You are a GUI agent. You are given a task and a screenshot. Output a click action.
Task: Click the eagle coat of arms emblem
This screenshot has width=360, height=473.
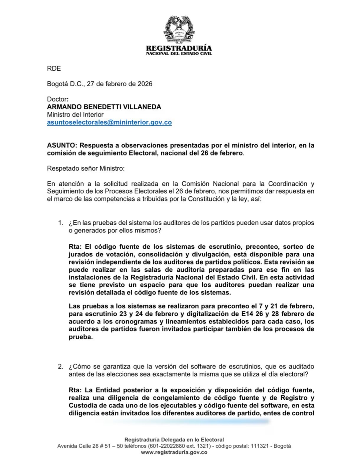pos(179,29)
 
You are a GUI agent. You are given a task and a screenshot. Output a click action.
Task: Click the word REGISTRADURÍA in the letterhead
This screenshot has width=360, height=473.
pos(179,48)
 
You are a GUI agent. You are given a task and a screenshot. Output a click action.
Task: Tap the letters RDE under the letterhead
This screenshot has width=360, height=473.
pos(54,69)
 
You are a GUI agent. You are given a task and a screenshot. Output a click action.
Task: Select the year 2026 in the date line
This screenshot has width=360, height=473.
pos(145,84)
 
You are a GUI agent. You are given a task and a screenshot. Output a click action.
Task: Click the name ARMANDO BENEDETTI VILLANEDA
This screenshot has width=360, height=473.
pos(104,107)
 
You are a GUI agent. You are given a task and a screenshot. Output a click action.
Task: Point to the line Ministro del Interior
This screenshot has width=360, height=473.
pos(75,115)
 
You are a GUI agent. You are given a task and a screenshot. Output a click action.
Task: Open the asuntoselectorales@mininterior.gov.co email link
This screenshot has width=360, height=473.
pos(109,122)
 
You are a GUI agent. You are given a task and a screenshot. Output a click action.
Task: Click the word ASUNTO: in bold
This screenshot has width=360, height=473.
pos(62,145)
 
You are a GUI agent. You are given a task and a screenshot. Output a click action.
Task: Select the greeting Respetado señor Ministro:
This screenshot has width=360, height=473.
pos(86,169)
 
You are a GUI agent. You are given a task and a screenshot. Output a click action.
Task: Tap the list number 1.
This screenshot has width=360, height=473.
pos(60,223)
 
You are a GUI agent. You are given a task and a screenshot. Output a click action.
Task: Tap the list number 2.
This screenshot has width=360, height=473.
pos(60,367)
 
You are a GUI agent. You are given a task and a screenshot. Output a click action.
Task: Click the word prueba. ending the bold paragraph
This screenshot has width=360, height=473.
pos(81,337)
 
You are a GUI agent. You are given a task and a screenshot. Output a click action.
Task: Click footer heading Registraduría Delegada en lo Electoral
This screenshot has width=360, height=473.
pos(174,440)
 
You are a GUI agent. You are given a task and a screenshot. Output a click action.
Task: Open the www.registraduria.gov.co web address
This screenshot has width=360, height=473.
pos(174,452)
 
